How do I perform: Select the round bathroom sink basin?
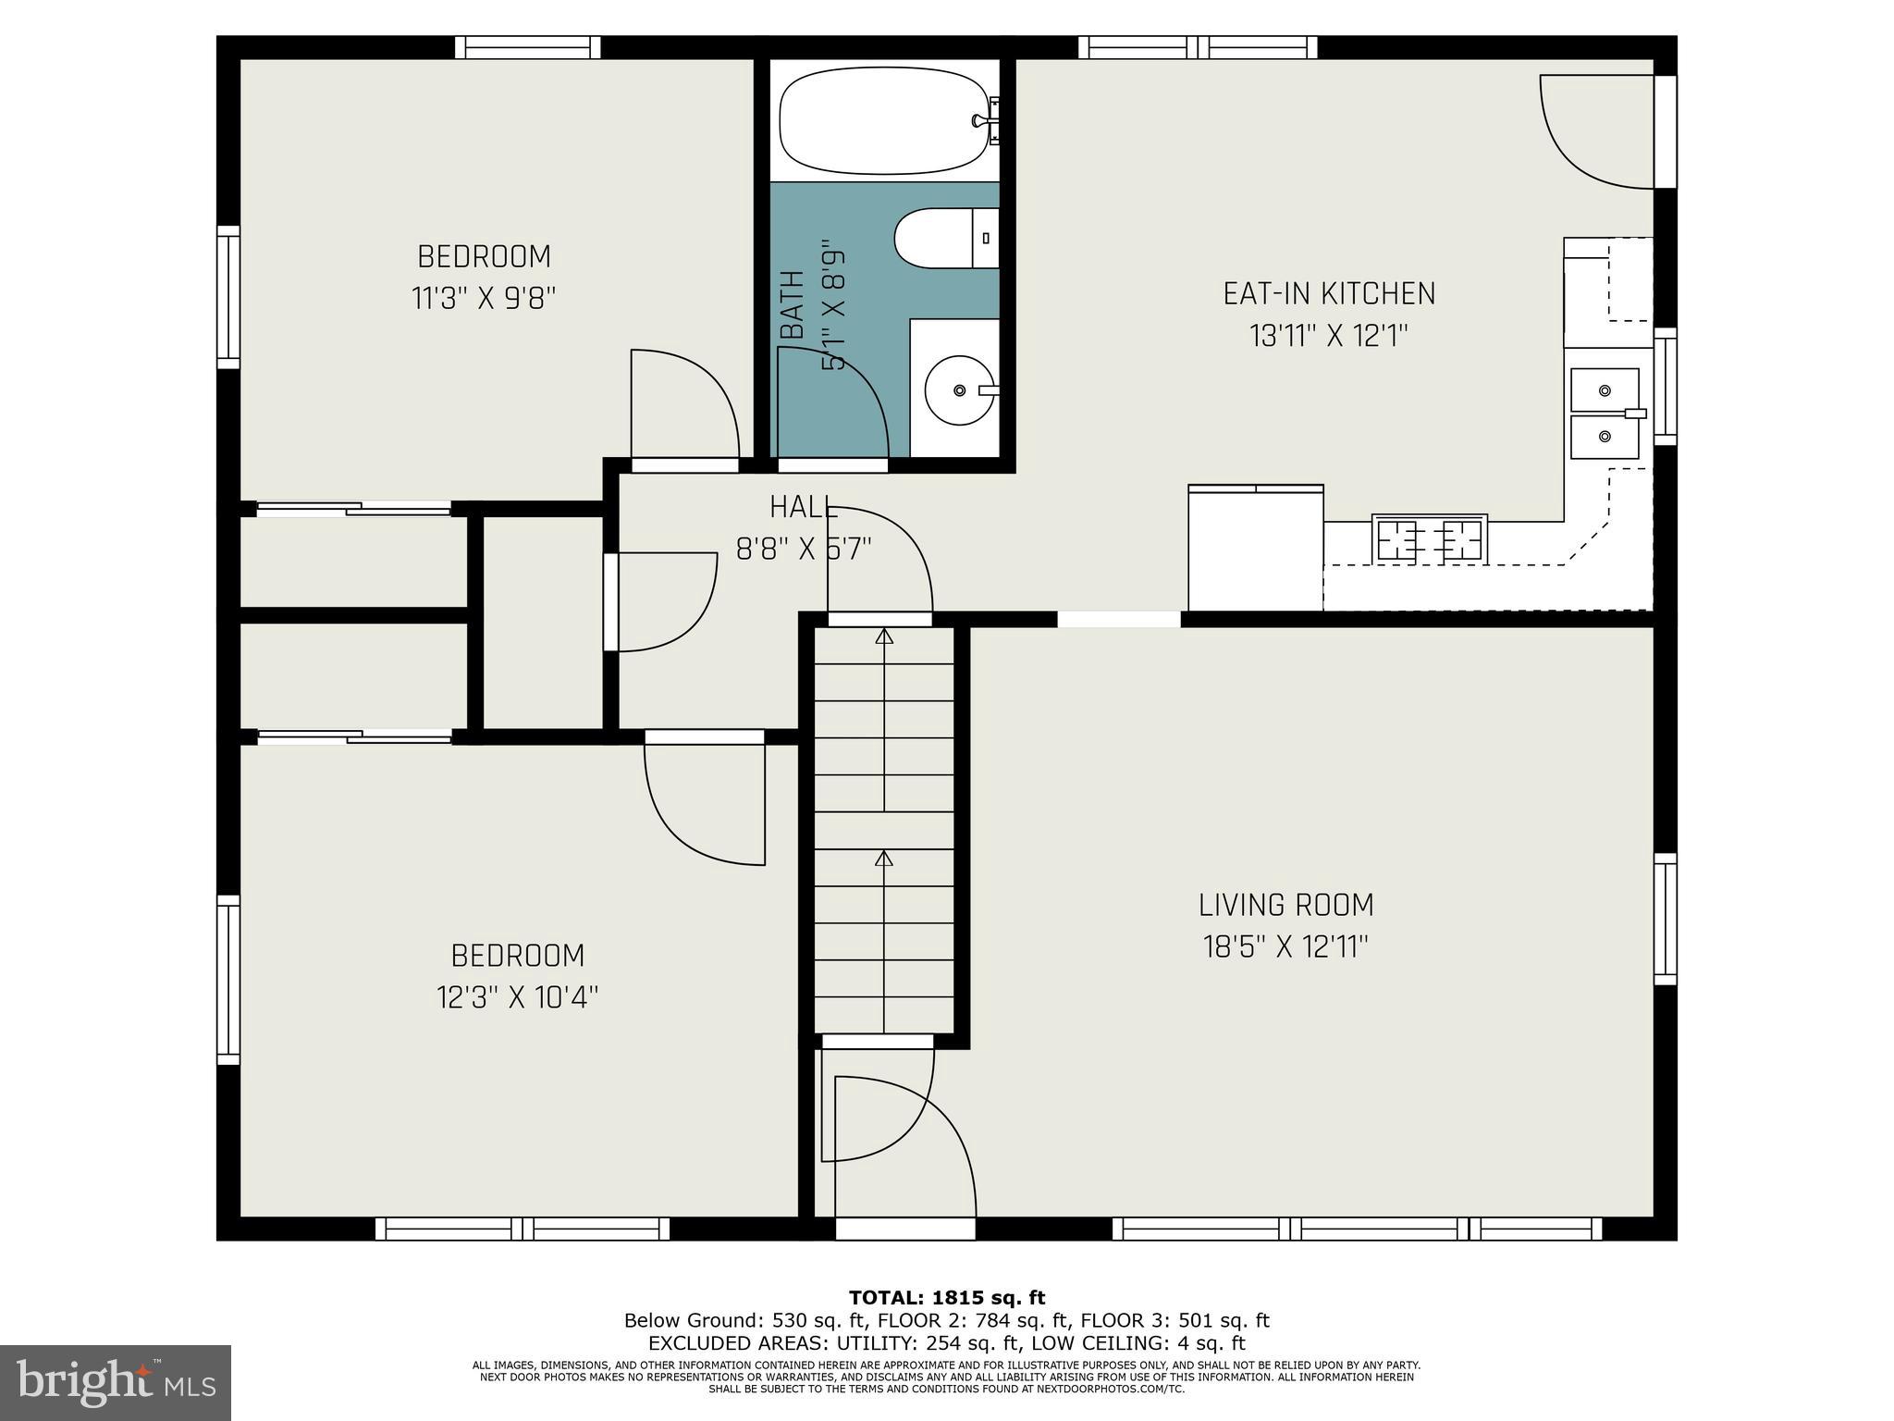(x=959, y=390)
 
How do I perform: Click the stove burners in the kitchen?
(x=1429, y=538)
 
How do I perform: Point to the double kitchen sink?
(x=1605, y=414)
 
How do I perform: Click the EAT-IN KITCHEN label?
(x=1329, y=294)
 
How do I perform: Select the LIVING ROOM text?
(x=1285, y=904)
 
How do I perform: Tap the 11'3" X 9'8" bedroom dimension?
(x=484, y=299)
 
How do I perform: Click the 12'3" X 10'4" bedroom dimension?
(x=517, y=997)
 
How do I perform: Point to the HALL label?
(x=804, y=507)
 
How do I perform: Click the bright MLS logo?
(x=115, y=1382)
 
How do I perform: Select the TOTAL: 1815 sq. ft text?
(x=946, y=1298)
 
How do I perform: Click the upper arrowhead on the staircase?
(x=884, y=636)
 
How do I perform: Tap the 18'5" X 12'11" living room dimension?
(x=1285, y=946)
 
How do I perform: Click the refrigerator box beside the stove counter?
(x=1255, y=549)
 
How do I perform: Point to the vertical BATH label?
(x=792, y=305)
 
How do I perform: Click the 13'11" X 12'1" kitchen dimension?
(x=1329, y=336)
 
